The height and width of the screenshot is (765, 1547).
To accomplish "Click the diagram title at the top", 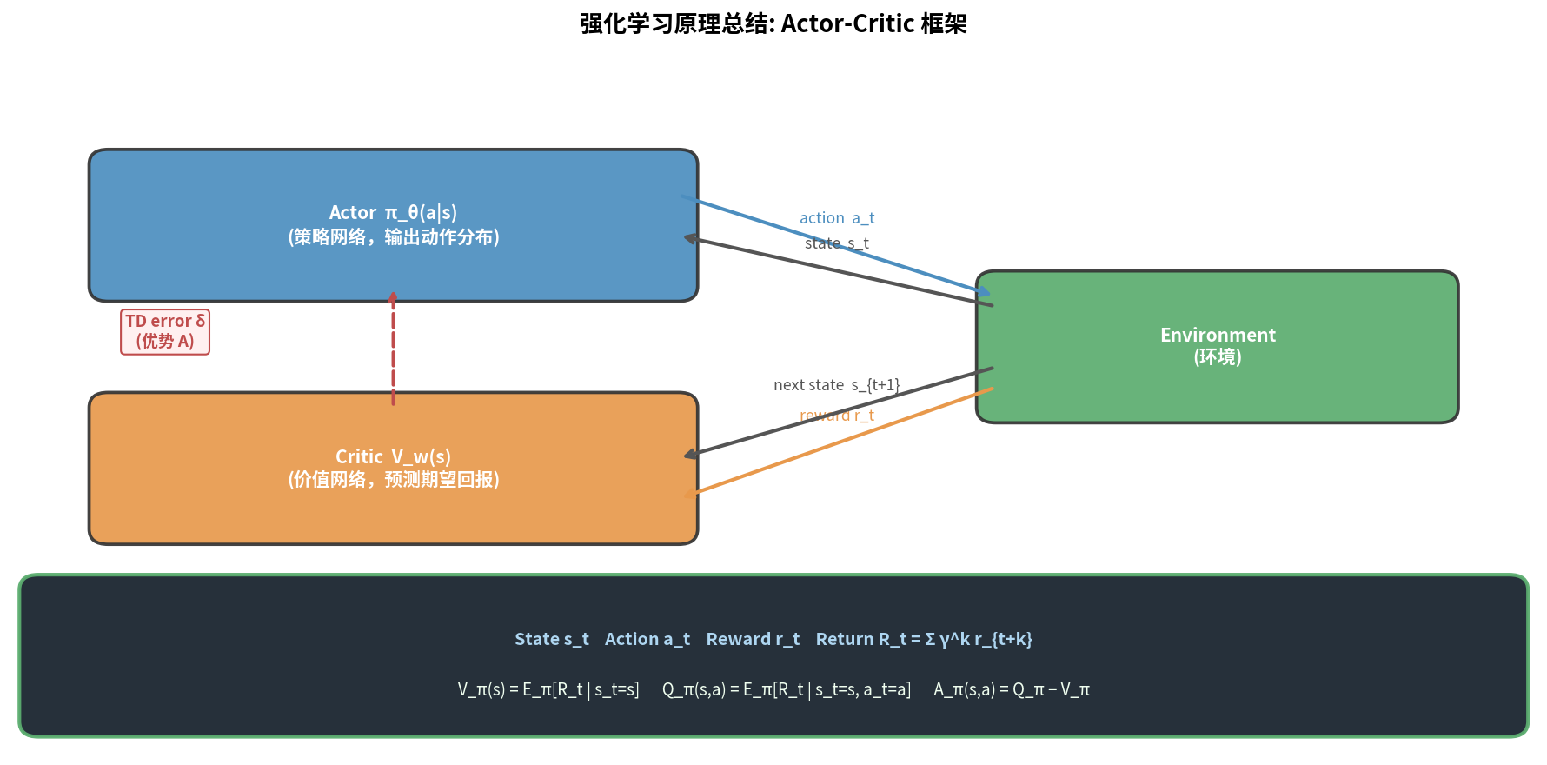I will pyautogui.click(x=773, y=23).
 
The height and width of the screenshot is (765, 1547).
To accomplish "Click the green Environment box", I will pyautogui.click(x=1217, y=391).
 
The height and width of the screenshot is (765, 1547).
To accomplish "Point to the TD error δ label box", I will pyautogui.click(x=165, y=331).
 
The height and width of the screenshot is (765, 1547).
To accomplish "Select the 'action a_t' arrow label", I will pyautogui.click(x=837, y=218).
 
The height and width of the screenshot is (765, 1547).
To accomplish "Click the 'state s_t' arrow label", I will pyautogui.click(x=836, y=243).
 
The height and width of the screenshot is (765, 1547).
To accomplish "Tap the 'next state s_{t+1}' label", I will pyautogui.click(x=836, y=384).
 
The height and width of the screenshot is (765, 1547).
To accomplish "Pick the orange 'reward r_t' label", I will pyautogui.click(x=836, y=416).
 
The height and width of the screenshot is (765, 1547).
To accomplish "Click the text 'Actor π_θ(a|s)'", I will pyautogui.click(x=393, y=212).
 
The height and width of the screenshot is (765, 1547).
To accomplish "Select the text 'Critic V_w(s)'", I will pyautogui.click(x=393, y=456).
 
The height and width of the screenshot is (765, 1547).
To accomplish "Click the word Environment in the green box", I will pyautogui.click(x=1218, y=335).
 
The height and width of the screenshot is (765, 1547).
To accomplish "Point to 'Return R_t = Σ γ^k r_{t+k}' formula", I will pyautogui.click(x=924, y=639).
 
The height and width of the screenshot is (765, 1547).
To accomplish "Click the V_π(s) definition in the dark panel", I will pyautogui.click(x=548, y=689).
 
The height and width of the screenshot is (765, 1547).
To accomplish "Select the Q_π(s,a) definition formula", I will pyautogui.click(x=787, y=689).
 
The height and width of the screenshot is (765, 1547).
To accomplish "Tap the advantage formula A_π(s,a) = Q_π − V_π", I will pyautogui.click(x=1012, y=689).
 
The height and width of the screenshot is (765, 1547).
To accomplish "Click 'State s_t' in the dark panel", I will pyautogui.click(x=552, y=639).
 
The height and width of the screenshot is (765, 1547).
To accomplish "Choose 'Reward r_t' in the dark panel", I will pyautogui.click(x=753, y=639).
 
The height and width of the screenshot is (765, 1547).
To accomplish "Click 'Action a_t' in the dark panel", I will pyautogui.click(x=647, y=639).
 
